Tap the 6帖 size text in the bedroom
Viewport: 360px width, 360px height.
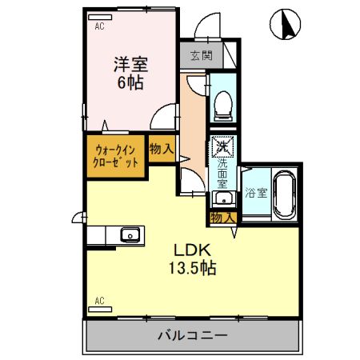[127, 82]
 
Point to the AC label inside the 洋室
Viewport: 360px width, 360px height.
[99, 26]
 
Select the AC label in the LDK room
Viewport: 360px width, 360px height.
[99, 301]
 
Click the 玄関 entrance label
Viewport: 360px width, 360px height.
[202, 56]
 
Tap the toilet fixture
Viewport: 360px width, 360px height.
[221, 101]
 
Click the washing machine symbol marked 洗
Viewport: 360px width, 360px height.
[222, 146]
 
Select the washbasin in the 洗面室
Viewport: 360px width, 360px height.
[222, 199]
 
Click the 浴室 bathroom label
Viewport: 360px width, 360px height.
[254, 193]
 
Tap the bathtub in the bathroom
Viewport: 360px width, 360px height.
[284, 194]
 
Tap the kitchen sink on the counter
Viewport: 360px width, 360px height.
[130, 235]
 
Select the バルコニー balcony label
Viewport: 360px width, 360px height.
[192, 336]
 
